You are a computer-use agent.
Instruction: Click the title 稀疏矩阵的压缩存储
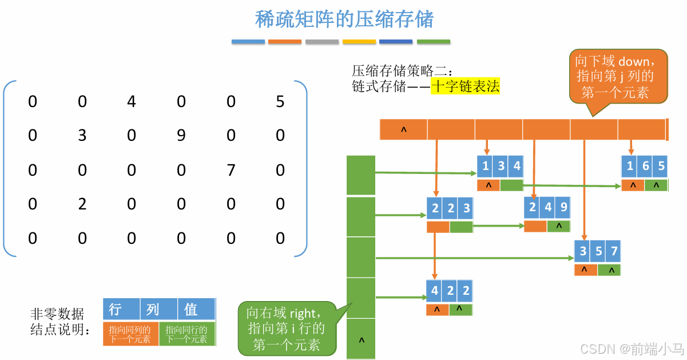[x=344, y=19]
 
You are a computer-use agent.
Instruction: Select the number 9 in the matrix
[x=181, y=136]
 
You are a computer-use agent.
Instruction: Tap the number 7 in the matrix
[x=231, y=170]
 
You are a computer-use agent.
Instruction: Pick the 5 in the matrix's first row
[x=280, y=102]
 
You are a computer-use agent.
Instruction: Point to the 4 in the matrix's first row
[x=132, y=102]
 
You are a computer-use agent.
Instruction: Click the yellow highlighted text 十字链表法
[x=465, y=86]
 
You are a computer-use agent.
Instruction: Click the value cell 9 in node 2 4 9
[x=563, y=207]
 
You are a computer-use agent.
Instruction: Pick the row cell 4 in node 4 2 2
[x=435, y=290]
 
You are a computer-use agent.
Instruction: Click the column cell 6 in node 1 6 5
[x=646, y=166]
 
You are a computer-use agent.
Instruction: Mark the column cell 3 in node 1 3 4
[x=501, y=166]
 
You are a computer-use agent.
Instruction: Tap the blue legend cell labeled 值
[x=191, y=310]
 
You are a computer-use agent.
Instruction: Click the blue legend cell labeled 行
[x=115, y=310]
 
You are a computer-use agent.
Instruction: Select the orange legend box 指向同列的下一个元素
[x=130, y=334]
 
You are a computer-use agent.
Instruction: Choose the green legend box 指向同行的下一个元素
[x=187, y=334]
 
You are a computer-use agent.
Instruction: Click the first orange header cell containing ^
[x=403, y=130]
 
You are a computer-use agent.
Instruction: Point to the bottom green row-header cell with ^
[x=361, y=339]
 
